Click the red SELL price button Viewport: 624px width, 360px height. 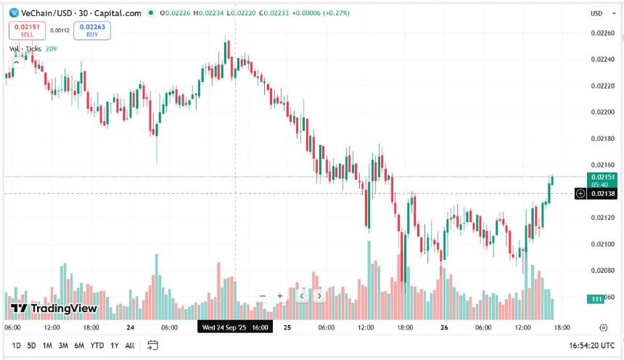pyautogui.click(x=27, y=30)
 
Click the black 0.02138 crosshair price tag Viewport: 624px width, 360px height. pyautogui.click(x=603, y=194)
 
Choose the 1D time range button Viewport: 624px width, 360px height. pyautogui.click(x=16, y=345)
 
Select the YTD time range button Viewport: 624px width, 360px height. pyautogui.click(x=97, y=345)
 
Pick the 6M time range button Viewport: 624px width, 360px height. pyautogui.click(x=78, y=345)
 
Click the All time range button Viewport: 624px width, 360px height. pyautogui.click(x=129, y=345)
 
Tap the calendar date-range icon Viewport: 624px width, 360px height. pyautogui.click(x=152, y=345)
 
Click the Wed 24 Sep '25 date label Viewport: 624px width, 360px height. pyautogui.click(x=235, y=327)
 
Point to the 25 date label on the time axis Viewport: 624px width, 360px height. pyautogui.click(x=287, y=327)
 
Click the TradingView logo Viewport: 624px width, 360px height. pyautogui.click(x=54, y=308)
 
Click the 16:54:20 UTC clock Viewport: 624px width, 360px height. pyautogui.click(x=592, y=345)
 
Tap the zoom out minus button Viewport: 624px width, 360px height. pyautogui.click(x=263, y=296)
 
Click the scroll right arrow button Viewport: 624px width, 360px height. pyautogui.click(x=319, y=296)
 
